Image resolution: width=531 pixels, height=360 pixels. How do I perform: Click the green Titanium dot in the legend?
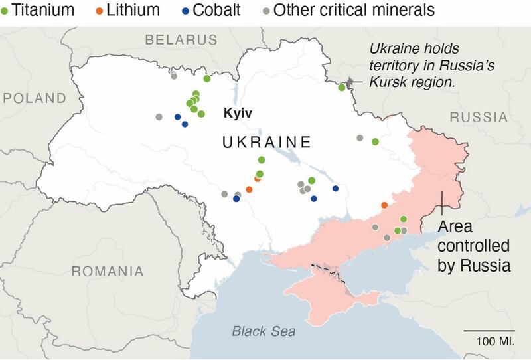(x=5, y=10)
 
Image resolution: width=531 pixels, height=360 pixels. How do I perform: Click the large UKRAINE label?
(x=266, y=142)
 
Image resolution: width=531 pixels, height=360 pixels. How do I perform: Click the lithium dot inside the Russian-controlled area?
(x=384, y=205)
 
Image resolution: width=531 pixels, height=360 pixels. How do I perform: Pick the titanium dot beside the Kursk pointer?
(x=342, y=87)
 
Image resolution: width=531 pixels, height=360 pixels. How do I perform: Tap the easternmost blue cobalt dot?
(x=335, y=189)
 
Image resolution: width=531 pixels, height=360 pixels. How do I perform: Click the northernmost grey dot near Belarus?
(x=173, y=76)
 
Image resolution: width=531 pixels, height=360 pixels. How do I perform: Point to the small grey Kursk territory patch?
(x=350, y=81)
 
